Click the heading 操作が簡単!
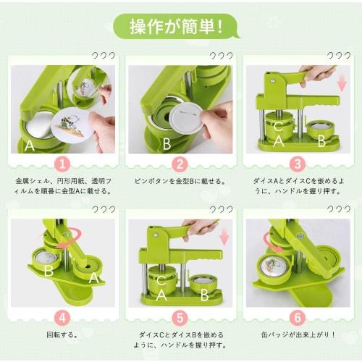180,28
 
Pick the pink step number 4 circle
63,316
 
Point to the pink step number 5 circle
180,316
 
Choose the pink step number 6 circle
298,316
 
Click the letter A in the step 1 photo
29,145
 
